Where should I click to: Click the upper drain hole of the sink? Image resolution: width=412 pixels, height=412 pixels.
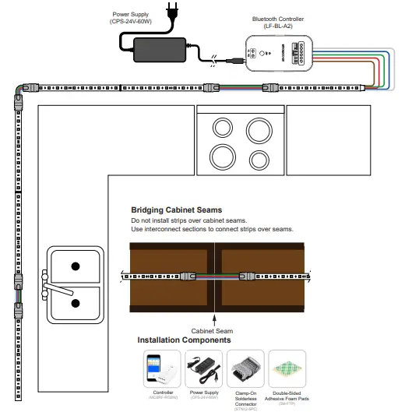click(75, 266)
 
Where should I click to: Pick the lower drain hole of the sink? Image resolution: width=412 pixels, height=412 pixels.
click(75, 303)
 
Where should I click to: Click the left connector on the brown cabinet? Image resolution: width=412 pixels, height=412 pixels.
click(188, 276)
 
